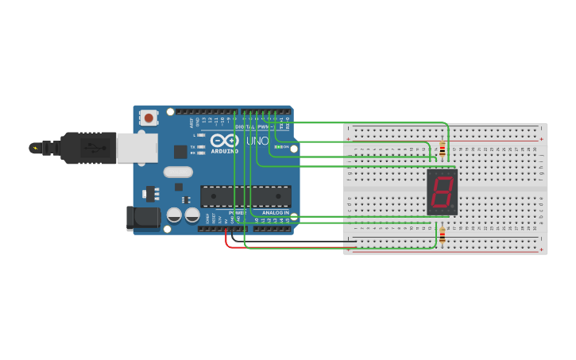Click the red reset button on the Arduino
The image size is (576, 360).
click(x=148, y=118)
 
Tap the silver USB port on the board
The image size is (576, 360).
click(x=137, y=148)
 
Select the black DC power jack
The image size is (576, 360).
click(x=139, y=218)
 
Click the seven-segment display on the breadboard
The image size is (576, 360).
click(x=442, y=192)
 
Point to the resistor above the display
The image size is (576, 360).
click(x=443, y=149)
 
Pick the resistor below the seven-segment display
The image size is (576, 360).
click(x=443, y=234)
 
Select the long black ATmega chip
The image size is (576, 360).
click(x=245, y=196)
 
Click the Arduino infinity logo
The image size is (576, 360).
click(x=224, y=141)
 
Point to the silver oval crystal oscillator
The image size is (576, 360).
click(x=178, y=172)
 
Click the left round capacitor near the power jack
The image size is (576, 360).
click(x=175, y=215)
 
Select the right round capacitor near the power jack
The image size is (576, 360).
click(x=192, y=215)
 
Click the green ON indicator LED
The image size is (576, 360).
click(x=277, y=147)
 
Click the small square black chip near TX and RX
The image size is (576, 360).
click(x=180, y=151)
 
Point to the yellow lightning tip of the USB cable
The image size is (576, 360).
click(x=34, y=148)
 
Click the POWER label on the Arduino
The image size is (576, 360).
click(x=237, y=214)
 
